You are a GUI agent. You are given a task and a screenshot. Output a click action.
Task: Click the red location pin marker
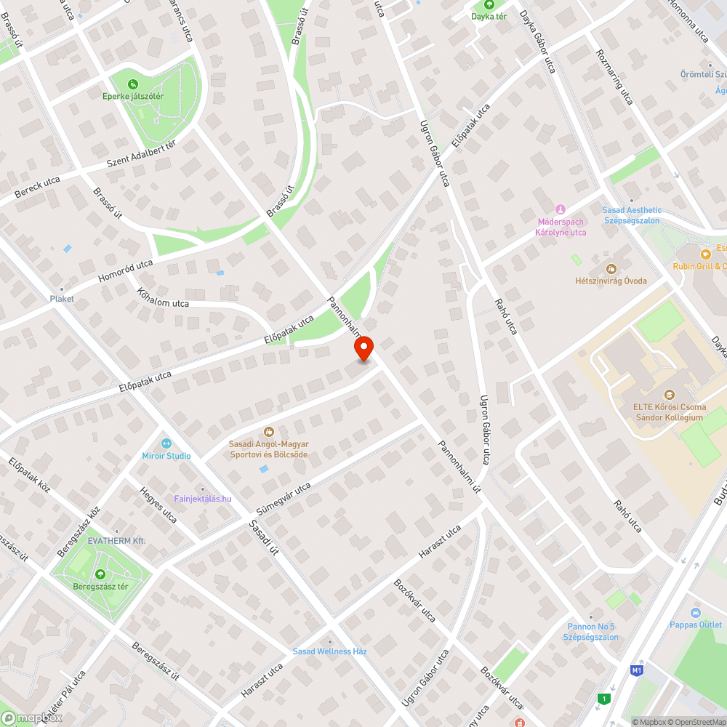click(x=363, y=349)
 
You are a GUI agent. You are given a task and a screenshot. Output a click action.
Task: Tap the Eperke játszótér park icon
click(x=132, y=84)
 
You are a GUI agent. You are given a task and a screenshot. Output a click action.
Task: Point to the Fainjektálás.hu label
click(x=203, y=498)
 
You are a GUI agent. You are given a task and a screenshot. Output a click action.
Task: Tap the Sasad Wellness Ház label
click(x=329, y=651)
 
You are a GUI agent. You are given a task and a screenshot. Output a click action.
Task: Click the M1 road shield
click(x=638, y=670)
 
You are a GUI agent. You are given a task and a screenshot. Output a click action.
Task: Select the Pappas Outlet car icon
click(x=695, y=613)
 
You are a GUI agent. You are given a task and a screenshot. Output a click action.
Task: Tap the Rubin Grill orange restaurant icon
click(x=704, y=254)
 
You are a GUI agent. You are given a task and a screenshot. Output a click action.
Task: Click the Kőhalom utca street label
click(x=163, y=298)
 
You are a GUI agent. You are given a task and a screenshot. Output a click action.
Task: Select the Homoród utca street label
click(x=126, y=271)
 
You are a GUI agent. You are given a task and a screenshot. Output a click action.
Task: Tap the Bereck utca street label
click(x=37, y=188)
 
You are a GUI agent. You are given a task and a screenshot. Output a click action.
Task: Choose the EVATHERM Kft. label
click(x=117, y=541)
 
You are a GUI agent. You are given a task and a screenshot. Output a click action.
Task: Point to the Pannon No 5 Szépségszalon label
click(x=591, y=632)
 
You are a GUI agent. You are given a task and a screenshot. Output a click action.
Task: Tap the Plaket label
click(x=62, y=299)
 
